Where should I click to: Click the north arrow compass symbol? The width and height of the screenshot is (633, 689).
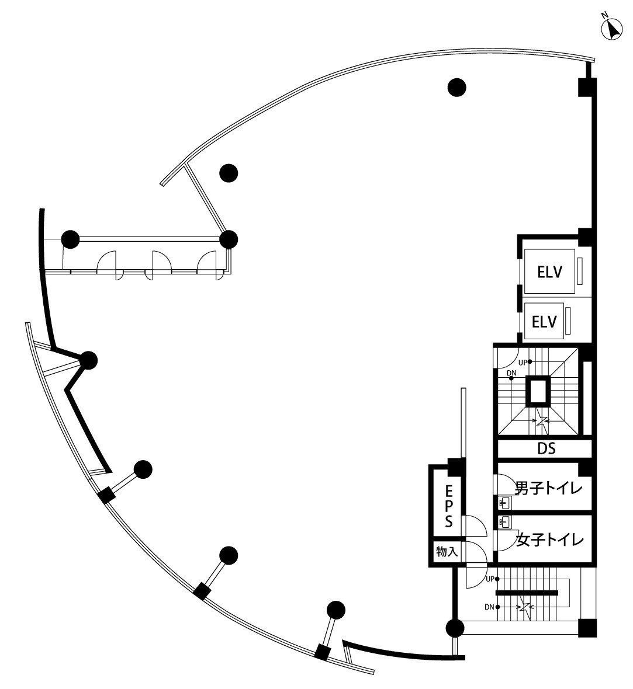pos(612,29)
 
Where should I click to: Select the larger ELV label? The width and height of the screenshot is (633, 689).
pos(549,272)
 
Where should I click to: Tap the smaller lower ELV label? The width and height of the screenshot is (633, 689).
pos(544,321)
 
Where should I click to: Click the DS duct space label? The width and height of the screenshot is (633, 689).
pos(545,448)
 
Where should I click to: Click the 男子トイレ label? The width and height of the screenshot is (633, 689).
pos(549,487)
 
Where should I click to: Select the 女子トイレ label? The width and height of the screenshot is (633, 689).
pos(550,540)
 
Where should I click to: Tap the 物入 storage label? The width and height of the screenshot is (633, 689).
pos(447,551)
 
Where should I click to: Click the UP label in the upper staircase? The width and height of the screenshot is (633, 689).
pos(523,362)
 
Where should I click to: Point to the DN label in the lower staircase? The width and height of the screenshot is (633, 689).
pos(490,607)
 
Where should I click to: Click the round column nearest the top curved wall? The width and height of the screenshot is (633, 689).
pos(457,88)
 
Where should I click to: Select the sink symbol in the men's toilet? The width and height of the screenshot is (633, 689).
pos(504,502)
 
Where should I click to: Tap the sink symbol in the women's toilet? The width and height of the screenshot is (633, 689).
pos(504,520)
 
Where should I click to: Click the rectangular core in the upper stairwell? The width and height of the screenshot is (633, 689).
pos(538,391)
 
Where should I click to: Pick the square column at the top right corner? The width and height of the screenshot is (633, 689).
pos(587,87)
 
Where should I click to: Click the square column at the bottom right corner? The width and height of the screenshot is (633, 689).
pos(587,627)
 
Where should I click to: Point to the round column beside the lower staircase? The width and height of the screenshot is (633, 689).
pos(455,628)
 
